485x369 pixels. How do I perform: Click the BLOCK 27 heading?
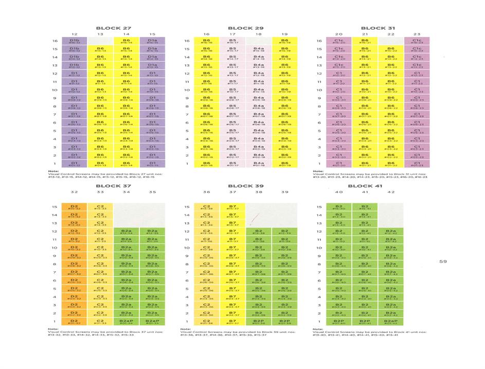click(114, 28)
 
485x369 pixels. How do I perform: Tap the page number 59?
click(443, 261)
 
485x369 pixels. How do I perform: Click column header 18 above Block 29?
click(259, 34)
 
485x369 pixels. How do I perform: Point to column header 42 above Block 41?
click(391, 192)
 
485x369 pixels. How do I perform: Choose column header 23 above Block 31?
click(417, 34)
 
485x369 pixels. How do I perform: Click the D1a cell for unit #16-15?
click(153, 41)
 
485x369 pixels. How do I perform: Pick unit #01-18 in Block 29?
click(259, 164)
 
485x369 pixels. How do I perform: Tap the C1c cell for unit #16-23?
click(417, 41)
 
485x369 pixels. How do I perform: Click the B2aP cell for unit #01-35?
click(153, 322)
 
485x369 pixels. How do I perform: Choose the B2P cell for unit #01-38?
click(259, 322)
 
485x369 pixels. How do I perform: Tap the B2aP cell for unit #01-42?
click(391, 322)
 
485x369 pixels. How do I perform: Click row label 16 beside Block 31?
click(319, 41)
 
